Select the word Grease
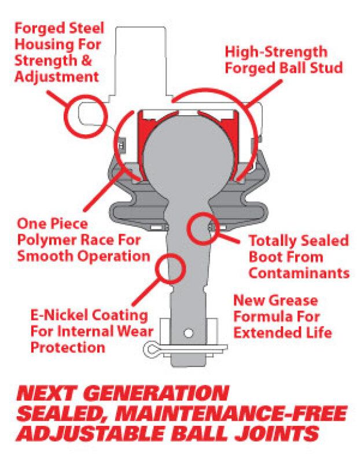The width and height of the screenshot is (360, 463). point(289,301)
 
